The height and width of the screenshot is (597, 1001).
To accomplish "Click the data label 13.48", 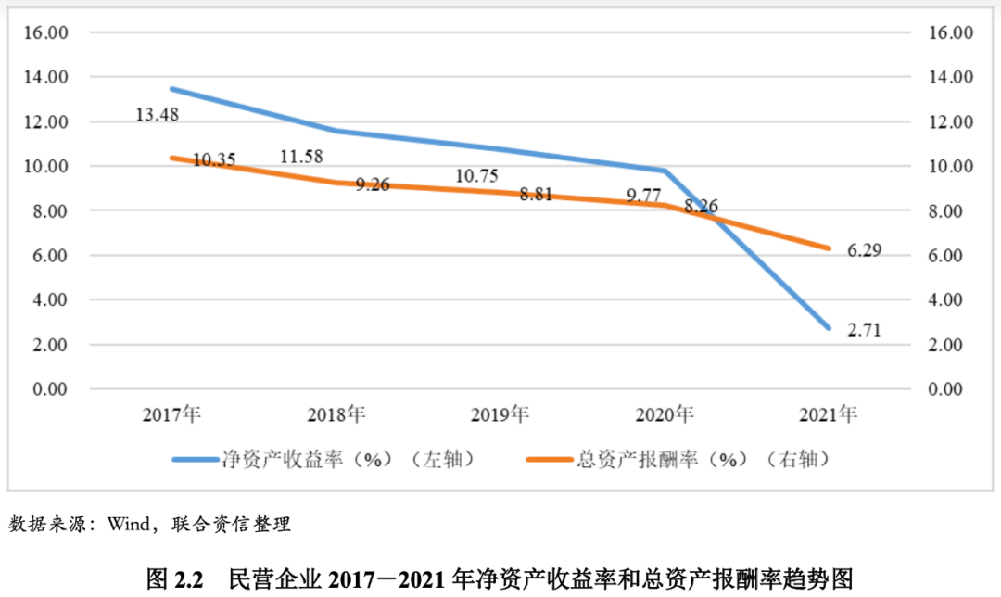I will pos(157,115).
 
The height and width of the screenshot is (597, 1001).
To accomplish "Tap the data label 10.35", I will pos(214,160).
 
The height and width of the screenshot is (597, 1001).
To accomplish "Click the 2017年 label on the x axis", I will pos(172,414).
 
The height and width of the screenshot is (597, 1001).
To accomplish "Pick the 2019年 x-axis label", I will pos(501,414).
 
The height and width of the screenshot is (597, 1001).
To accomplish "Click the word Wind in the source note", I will pos(128,525).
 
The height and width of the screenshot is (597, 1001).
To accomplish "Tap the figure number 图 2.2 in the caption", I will pos(174,579).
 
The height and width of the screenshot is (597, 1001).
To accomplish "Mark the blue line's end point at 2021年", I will pos(830,328).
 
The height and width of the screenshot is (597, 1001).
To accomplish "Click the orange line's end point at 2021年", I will pos(830,248).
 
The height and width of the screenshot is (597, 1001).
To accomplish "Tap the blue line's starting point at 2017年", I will pos(172,89).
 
